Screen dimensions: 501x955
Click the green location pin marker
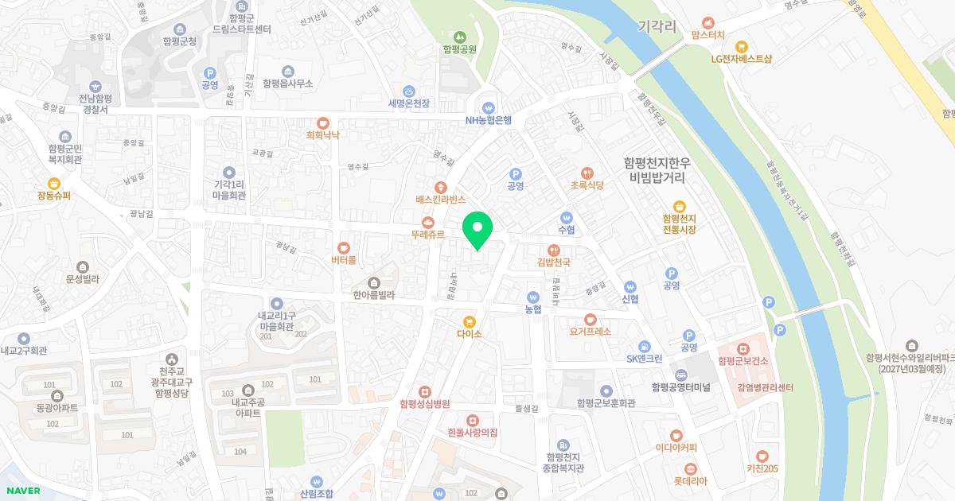pyautogui.click(x=477, y=230)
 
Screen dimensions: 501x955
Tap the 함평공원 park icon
pyautogui.click(x=459, y=37)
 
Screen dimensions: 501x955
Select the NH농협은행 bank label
pyautogui.click(x=489, y=121)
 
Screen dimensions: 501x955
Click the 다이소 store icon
pyautogui.click(x=469, y=321)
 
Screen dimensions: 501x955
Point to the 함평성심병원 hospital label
pyautogui.click(x=425, y=404)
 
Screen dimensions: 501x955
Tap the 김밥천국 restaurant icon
pyautogui.click(x=554, y=250)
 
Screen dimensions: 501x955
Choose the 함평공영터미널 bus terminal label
pyautogui.click(x=680, y=387)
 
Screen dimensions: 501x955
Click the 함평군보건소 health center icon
pyautogui.click(x=743, y=348)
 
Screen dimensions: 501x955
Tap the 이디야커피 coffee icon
pyautogui.click(x=676, y=434)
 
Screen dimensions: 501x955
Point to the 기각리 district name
pyautogui.click(x=657, y=27)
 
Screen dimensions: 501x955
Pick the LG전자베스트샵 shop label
pyautogui.click(x=742, y=58)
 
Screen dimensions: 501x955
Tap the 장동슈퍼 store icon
pyautogui.click(x=54, y=183)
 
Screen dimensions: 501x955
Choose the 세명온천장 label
pyautogui.click(x=408, y=103)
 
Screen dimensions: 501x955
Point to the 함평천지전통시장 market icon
pyautogui.click(x=679, y=206)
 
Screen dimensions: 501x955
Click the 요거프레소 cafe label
pyautogui.click(x=591, y=332)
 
